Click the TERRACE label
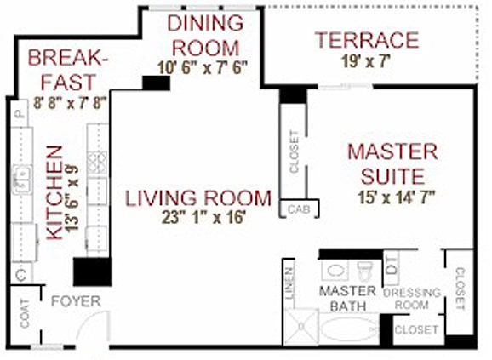tap(366, 40)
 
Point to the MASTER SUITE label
tap(392, 165)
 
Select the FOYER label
tap(77, 301)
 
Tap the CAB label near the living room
tap(297, 209)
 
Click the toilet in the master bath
tap(365, 271)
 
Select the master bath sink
tap(335, 271)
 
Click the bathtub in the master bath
tap(349, 329)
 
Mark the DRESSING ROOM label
tap(412, 299)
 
